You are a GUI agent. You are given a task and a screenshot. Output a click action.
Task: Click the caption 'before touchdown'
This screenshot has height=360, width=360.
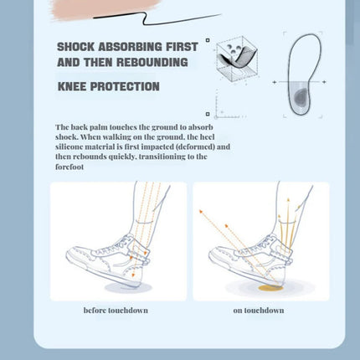[x=116, y=311]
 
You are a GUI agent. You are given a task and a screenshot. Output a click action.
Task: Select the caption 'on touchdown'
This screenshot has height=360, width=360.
[x=259, y=311]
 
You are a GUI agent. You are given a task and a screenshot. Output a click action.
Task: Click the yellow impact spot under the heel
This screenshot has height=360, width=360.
[x=272, y=288]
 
